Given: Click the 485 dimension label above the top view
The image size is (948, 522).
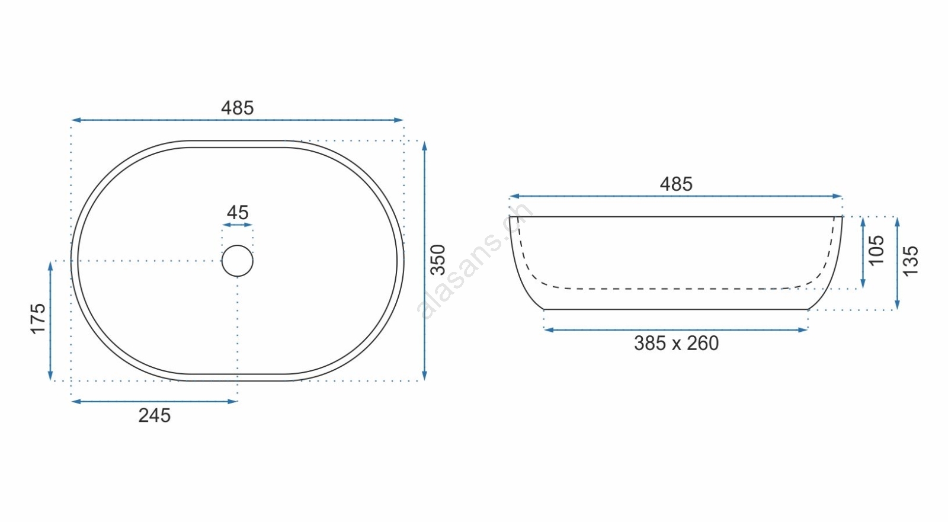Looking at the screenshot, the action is (x=238, y=108).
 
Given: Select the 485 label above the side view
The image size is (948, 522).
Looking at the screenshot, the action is (x=676, y=184).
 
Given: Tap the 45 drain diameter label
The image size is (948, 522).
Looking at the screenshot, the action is (x=238, y=213).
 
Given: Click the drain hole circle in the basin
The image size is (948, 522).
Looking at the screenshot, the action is (x=238, y=245).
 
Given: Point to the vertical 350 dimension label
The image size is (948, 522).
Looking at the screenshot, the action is (x=438, y=260).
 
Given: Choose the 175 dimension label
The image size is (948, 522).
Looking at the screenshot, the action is (x=38, y=319).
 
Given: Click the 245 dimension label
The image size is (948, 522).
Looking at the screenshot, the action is (x=155, y=416).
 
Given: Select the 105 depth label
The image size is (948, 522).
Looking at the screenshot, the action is (x=876, y=251).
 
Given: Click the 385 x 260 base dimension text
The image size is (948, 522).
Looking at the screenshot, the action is (x=676, y=343).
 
